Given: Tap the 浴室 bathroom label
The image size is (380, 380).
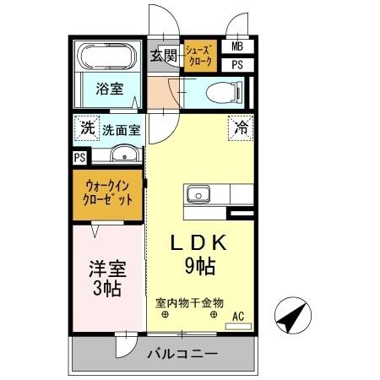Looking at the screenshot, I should point(107,88).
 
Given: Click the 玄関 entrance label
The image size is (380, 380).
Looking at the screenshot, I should point(164,57).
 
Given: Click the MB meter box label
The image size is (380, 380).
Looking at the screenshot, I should point(237,46).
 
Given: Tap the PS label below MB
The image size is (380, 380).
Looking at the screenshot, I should point(237,63).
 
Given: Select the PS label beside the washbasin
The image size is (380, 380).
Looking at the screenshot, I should point(79,157).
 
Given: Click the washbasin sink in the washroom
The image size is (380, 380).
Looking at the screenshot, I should point(124,155).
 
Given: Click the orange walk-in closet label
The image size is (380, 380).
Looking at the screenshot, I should point(108,195).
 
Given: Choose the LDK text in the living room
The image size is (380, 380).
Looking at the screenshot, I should point(199,243).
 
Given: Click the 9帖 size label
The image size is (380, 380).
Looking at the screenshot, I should point(199,267).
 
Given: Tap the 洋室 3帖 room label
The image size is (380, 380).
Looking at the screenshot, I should point(107,278).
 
